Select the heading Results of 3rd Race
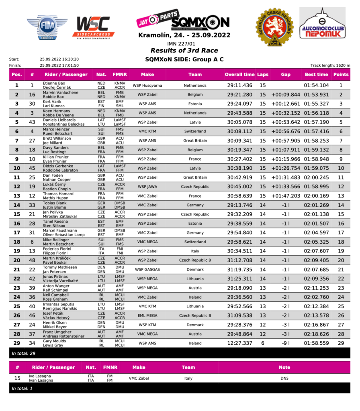[x=184, y=51]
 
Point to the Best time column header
[x=316, y=74]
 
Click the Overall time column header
[x=239, y=74]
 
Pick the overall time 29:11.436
[x=239, y=85]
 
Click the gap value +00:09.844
[x=285, y=95]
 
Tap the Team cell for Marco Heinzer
[x=195, y=131]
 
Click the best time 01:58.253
[x=316, y=140]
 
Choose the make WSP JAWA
[x=147, y=187]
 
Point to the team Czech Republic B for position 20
[x=195, y=260]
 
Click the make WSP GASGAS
[x=147, y=269]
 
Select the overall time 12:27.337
[x=239, y=343]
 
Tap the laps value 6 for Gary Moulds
[x=262, y=343]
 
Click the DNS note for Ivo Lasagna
[x=284, y=378]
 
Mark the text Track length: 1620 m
[x=330, y=65]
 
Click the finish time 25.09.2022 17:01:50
[x=59, y=65]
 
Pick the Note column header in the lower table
[x=284, y=367]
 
